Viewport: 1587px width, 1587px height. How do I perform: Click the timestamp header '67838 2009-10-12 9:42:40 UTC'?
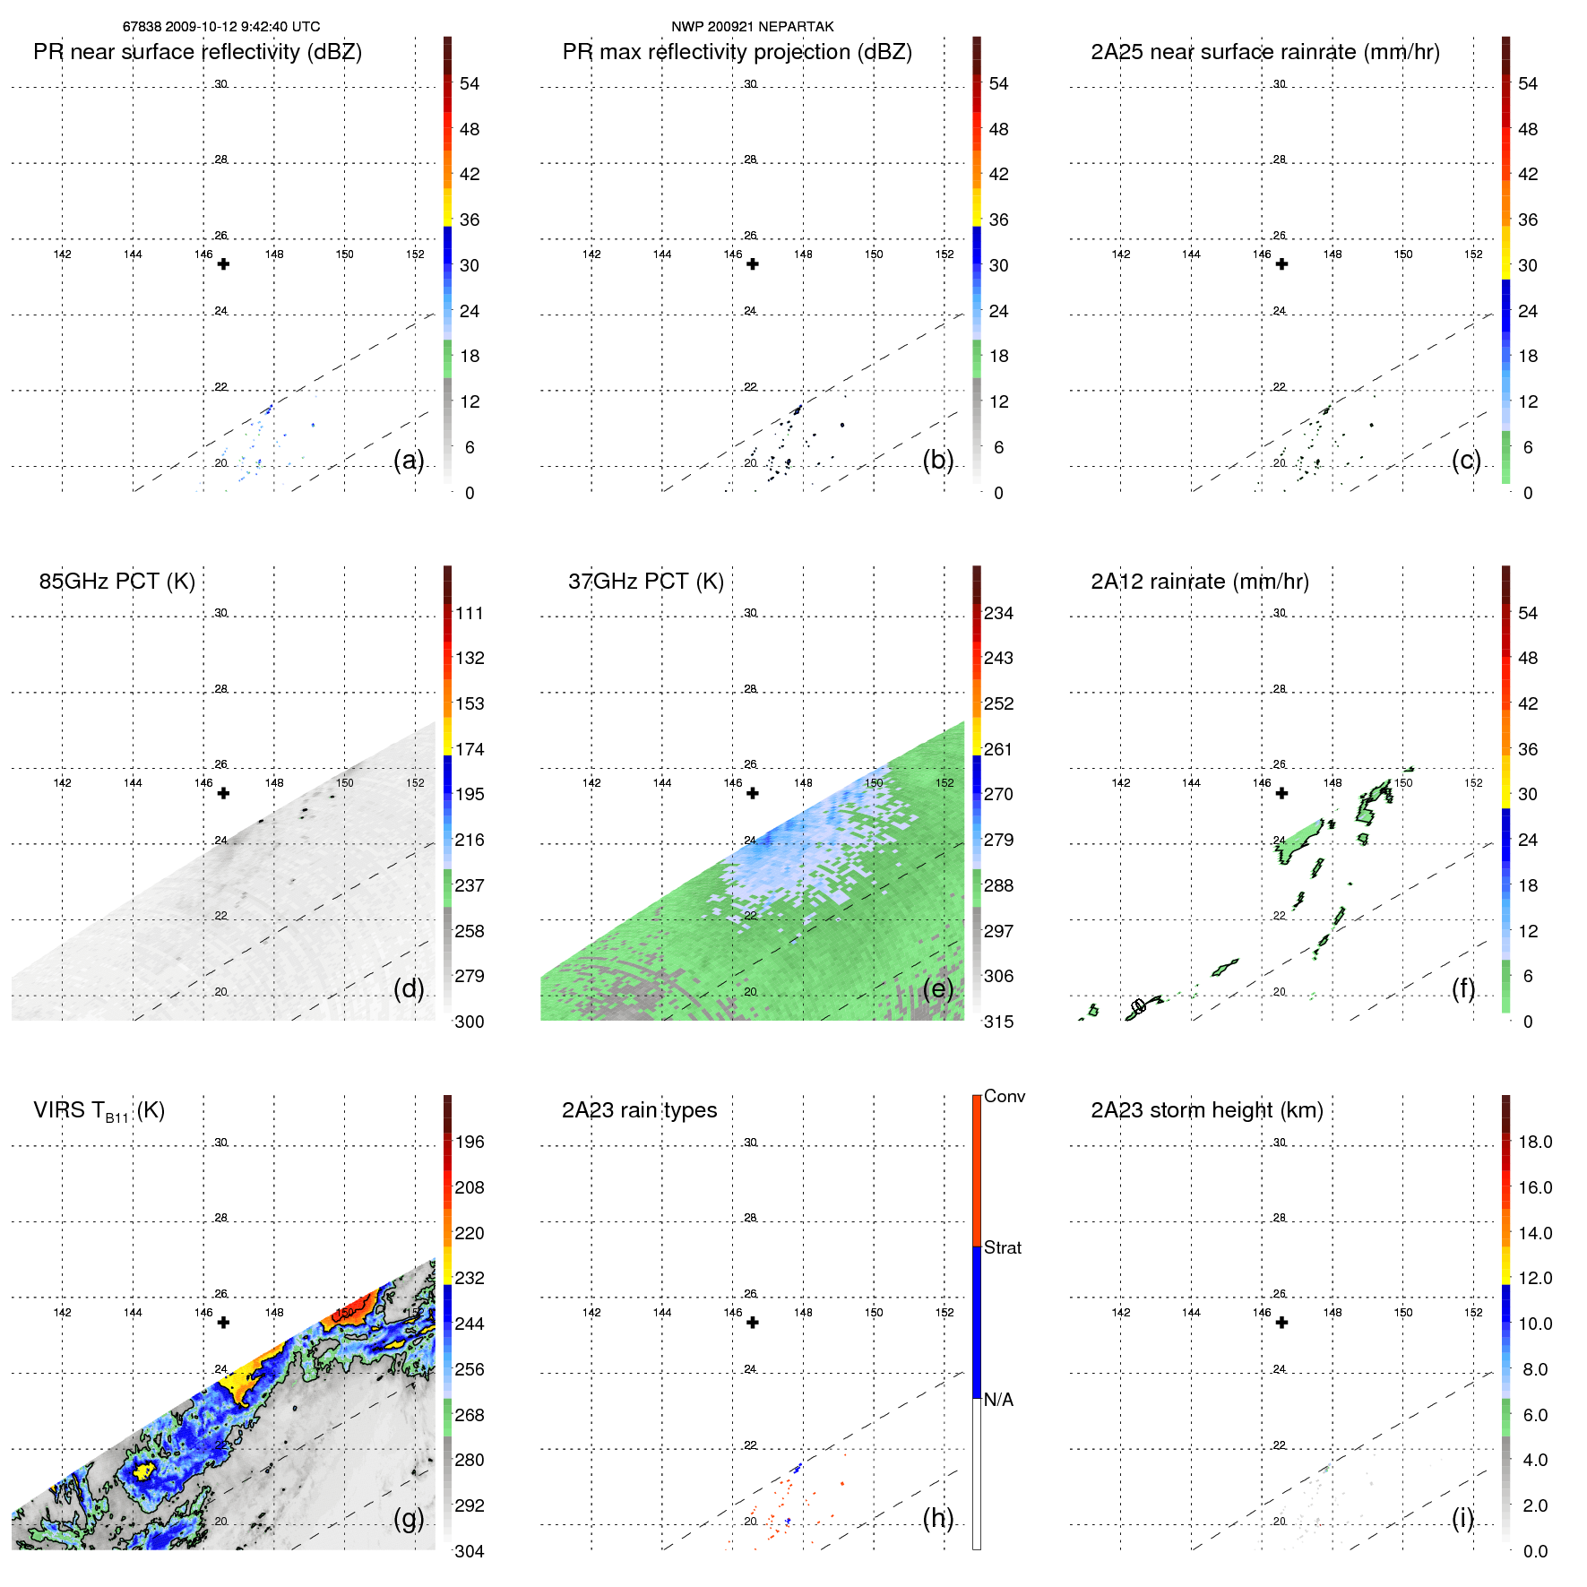pyautogui.click(x=221, y=27)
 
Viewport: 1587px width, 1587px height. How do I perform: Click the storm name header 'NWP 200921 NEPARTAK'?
pyautogui.click(x=752, y=27)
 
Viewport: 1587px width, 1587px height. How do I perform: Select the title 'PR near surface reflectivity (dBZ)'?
pyautogui.click(x=197, y=52)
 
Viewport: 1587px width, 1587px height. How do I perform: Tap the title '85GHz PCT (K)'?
pyautogui.click(x=116, y=582)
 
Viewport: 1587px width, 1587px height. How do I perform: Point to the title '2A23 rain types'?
pyautogui.click(x=639, y=1110)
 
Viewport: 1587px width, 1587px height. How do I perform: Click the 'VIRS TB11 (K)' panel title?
pyautogui.click(x=99, y=1111)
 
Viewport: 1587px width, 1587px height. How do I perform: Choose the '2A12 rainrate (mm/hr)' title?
pyautogui.click(x=1199, y=582)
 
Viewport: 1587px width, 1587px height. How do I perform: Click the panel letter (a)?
pyautogui.click(x=409, y=460)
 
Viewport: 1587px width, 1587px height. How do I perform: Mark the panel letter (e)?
pyautogui.click(x=938, y=988)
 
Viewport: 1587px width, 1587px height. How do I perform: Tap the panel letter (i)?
pyautogui.click(x=1462, y=1518)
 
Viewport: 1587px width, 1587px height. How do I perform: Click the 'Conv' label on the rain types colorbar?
pyautogui.click(x=1004, y=1096)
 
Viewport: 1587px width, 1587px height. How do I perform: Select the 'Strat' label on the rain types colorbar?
pyautogui.click(x=1002, y=1247)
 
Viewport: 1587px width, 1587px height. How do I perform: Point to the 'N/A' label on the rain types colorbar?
pyautogui.click(x=998, y=1400)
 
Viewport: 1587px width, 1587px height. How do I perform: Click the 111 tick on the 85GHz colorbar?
pyautogui.click(x=470, y=613)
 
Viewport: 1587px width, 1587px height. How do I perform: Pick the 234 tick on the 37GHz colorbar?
pyautogui.click(x=998, y=613)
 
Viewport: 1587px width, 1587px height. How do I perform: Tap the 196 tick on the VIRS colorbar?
pyautogui.click(x=470, y=1142)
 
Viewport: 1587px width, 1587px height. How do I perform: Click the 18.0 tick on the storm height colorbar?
pyautogui.click(x=1535, y=1142)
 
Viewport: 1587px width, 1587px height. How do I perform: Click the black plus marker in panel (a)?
pyautogui.click(x=223, y=264)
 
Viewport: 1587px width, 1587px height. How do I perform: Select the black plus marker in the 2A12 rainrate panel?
pyautogui.click(x=1281, y=793)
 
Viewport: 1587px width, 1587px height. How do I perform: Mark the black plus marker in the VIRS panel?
pyautogui.click(x=223, y=1323)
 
